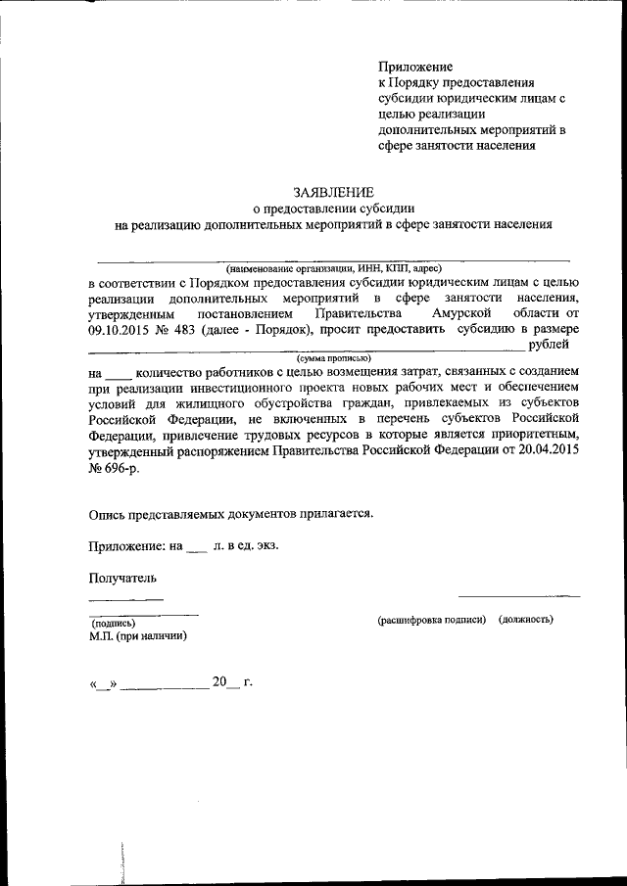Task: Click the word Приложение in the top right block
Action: click(415, 67)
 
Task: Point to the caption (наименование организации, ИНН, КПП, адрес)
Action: click(334, 267)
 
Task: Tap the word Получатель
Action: click(122, 578)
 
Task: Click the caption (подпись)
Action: click(113, 622)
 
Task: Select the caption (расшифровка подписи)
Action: click(432, 620)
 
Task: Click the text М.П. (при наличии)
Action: click(137, 635)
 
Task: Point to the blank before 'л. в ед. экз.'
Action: click(196, 546)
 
